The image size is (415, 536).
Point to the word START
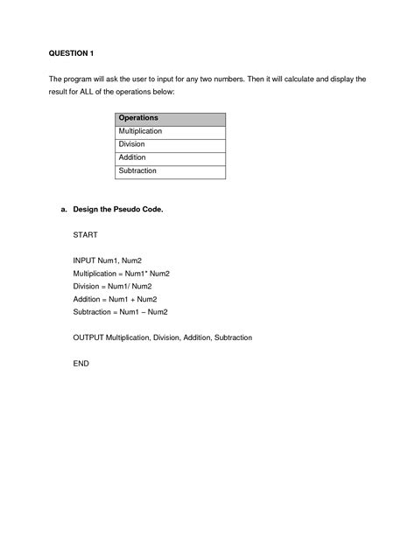pos(86,235)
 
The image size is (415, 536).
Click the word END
pos(81,362)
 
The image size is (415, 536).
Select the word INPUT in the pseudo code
pos(86,261)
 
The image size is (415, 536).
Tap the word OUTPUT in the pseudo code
pos(89,337)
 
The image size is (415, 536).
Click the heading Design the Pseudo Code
pos(118,210)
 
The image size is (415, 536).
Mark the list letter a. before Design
pos(64,210)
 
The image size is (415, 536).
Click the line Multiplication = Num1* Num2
pos(122,274)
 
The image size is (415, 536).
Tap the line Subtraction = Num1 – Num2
pos(121,311)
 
